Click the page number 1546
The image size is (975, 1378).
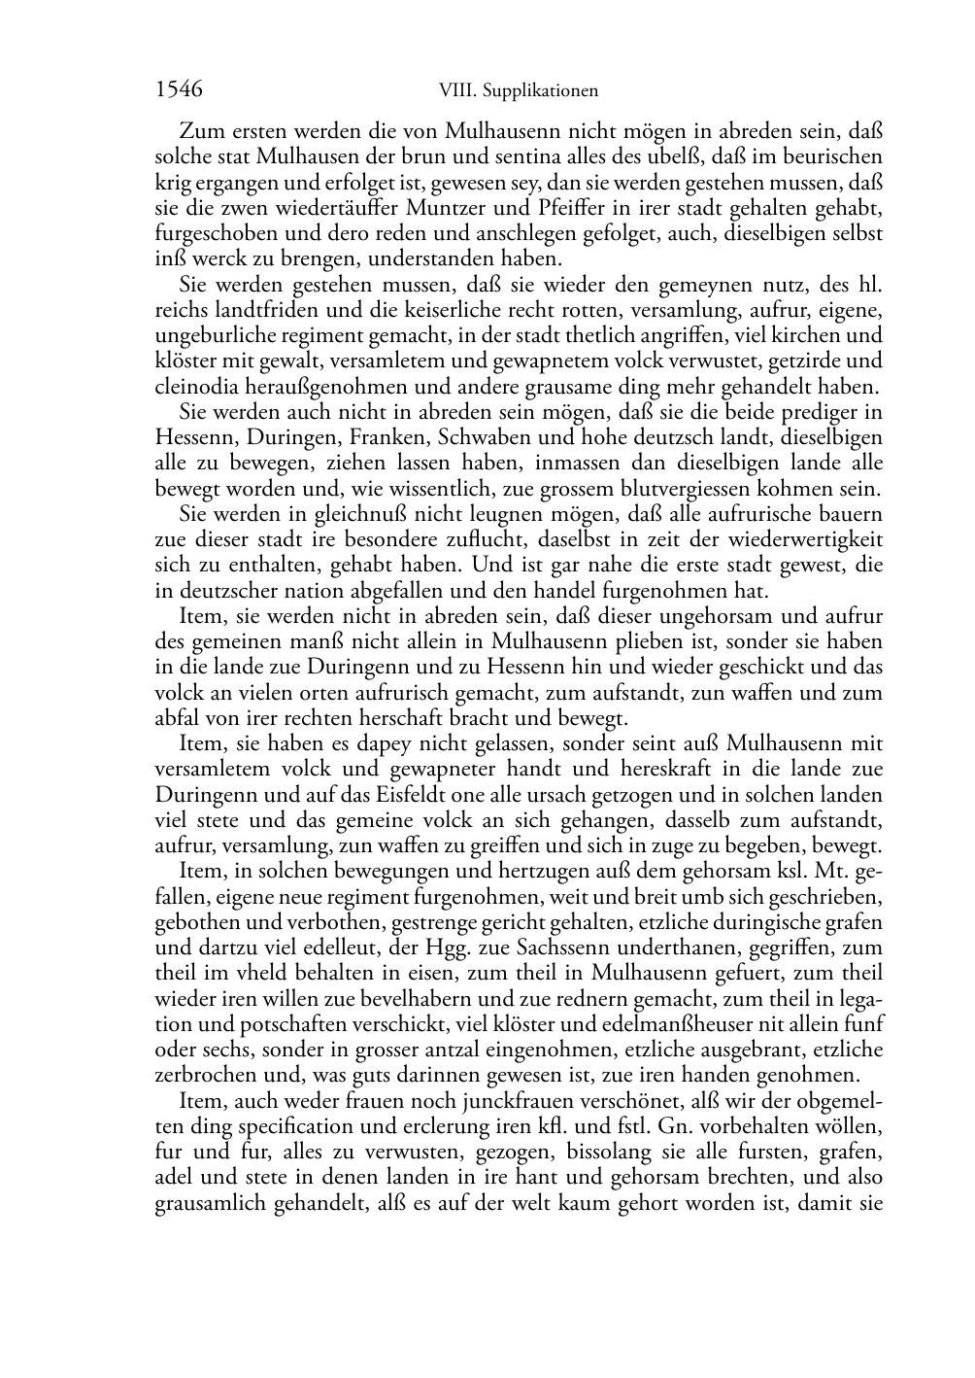click(x=179, y=90)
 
